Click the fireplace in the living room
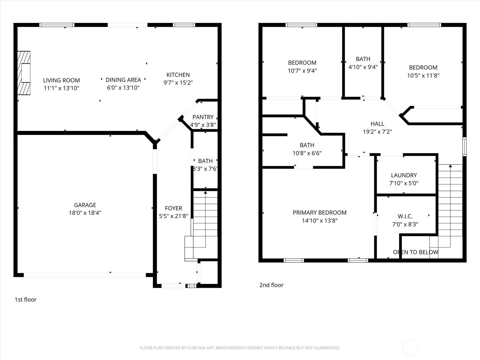24,73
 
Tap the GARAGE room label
85,205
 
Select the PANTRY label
203,117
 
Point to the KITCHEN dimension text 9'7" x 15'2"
178,82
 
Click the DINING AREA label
123,80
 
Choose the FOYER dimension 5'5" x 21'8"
173,216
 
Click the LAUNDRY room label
404,175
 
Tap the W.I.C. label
405,216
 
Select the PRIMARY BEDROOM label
320,213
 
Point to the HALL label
377,124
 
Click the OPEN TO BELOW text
416,252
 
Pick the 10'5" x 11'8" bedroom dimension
423,76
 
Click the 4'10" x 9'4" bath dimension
363,67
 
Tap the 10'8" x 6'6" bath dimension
307,153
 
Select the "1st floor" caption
25,299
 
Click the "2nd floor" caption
271,285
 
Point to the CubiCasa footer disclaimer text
240,348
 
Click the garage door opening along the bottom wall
85,275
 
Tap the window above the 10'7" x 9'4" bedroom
301,25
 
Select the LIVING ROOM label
61,80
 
